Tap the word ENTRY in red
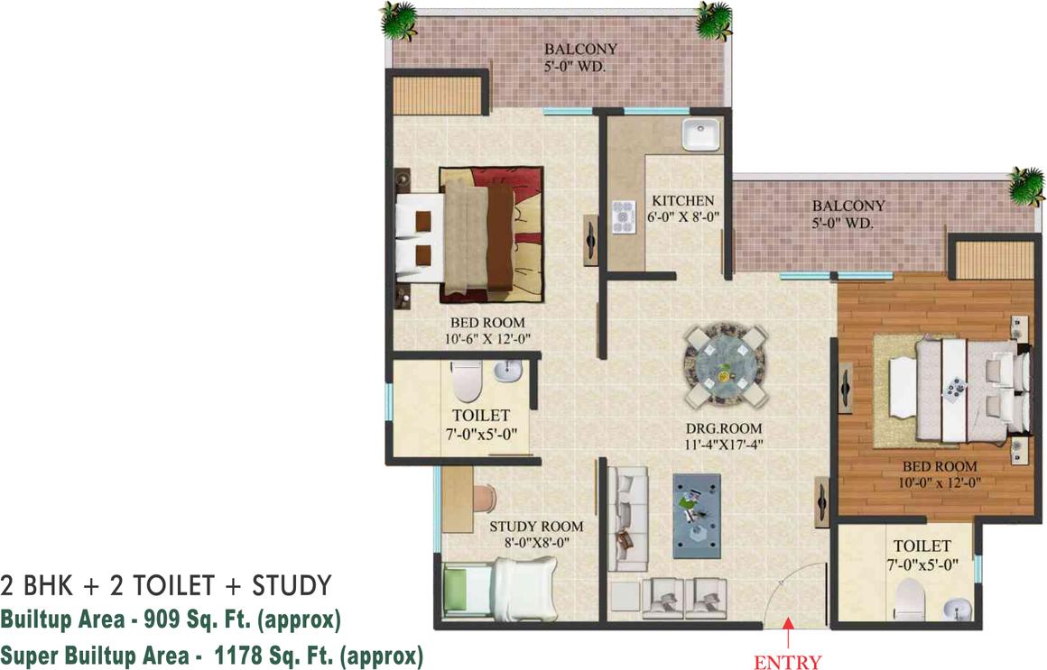[788, 661]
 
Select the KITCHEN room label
[683, 201]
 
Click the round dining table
[724, 365]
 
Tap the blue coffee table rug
[697, 516]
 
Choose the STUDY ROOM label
[536, 527]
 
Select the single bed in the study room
[499, 589]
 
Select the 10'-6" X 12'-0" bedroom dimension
[487, 339]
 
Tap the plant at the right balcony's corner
[1025, 186]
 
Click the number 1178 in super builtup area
[236, 656]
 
